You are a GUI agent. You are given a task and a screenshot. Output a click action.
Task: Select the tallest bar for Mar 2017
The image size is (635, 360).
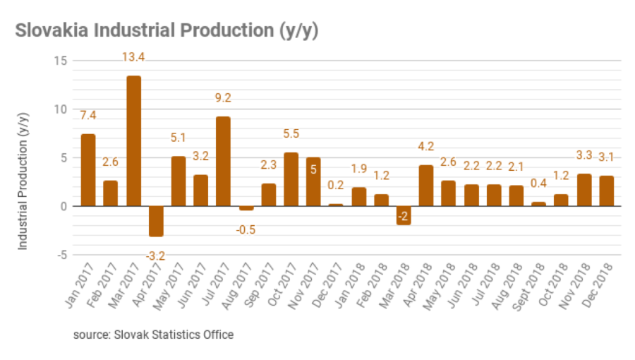(133, 140)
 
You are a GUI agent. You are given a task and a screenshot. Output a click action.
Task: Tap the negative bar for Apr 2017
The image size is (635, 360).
(156, 221)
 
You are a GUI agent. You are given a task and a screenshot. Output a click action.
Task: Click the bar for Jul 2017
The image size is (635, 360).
(223, 161)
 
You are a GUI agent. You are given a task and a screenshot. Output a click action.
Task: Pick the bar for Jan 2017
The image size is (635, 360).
(88, 169)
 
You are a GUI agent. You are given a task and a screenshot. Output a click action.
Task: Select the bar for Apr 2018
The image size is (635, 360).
(425, 185)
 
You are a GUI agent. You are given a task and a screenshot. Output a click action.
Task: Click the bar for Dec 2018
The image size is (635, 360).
(606, 191)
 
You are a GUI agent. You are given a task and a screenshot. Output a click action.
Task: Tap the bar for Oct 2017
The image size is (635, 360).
(291, 179)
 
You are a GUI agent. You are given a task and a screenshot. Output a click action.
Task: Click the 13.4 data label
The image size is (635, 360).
(133, 57)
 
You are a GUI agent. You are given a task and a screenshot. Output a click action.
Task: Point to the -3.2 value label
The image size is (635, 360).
(156, 256)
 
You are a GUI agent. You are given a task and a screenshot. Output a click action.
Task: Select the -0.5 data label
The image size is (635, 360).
(246, 229)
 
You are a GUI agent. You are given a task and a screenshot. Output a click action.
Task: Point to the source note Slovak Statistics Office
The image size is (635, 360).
(153, 334)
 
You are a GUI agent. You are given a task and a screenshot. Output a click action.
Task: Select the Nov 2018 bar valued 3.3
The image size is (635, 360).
(583, 190)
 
